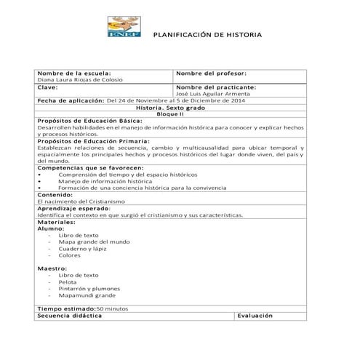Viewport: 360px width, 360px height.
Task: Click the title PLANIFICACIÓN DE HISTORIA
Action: [205, 36]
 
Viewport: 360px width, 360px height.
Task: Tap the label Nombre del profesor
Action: [212, 73]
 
